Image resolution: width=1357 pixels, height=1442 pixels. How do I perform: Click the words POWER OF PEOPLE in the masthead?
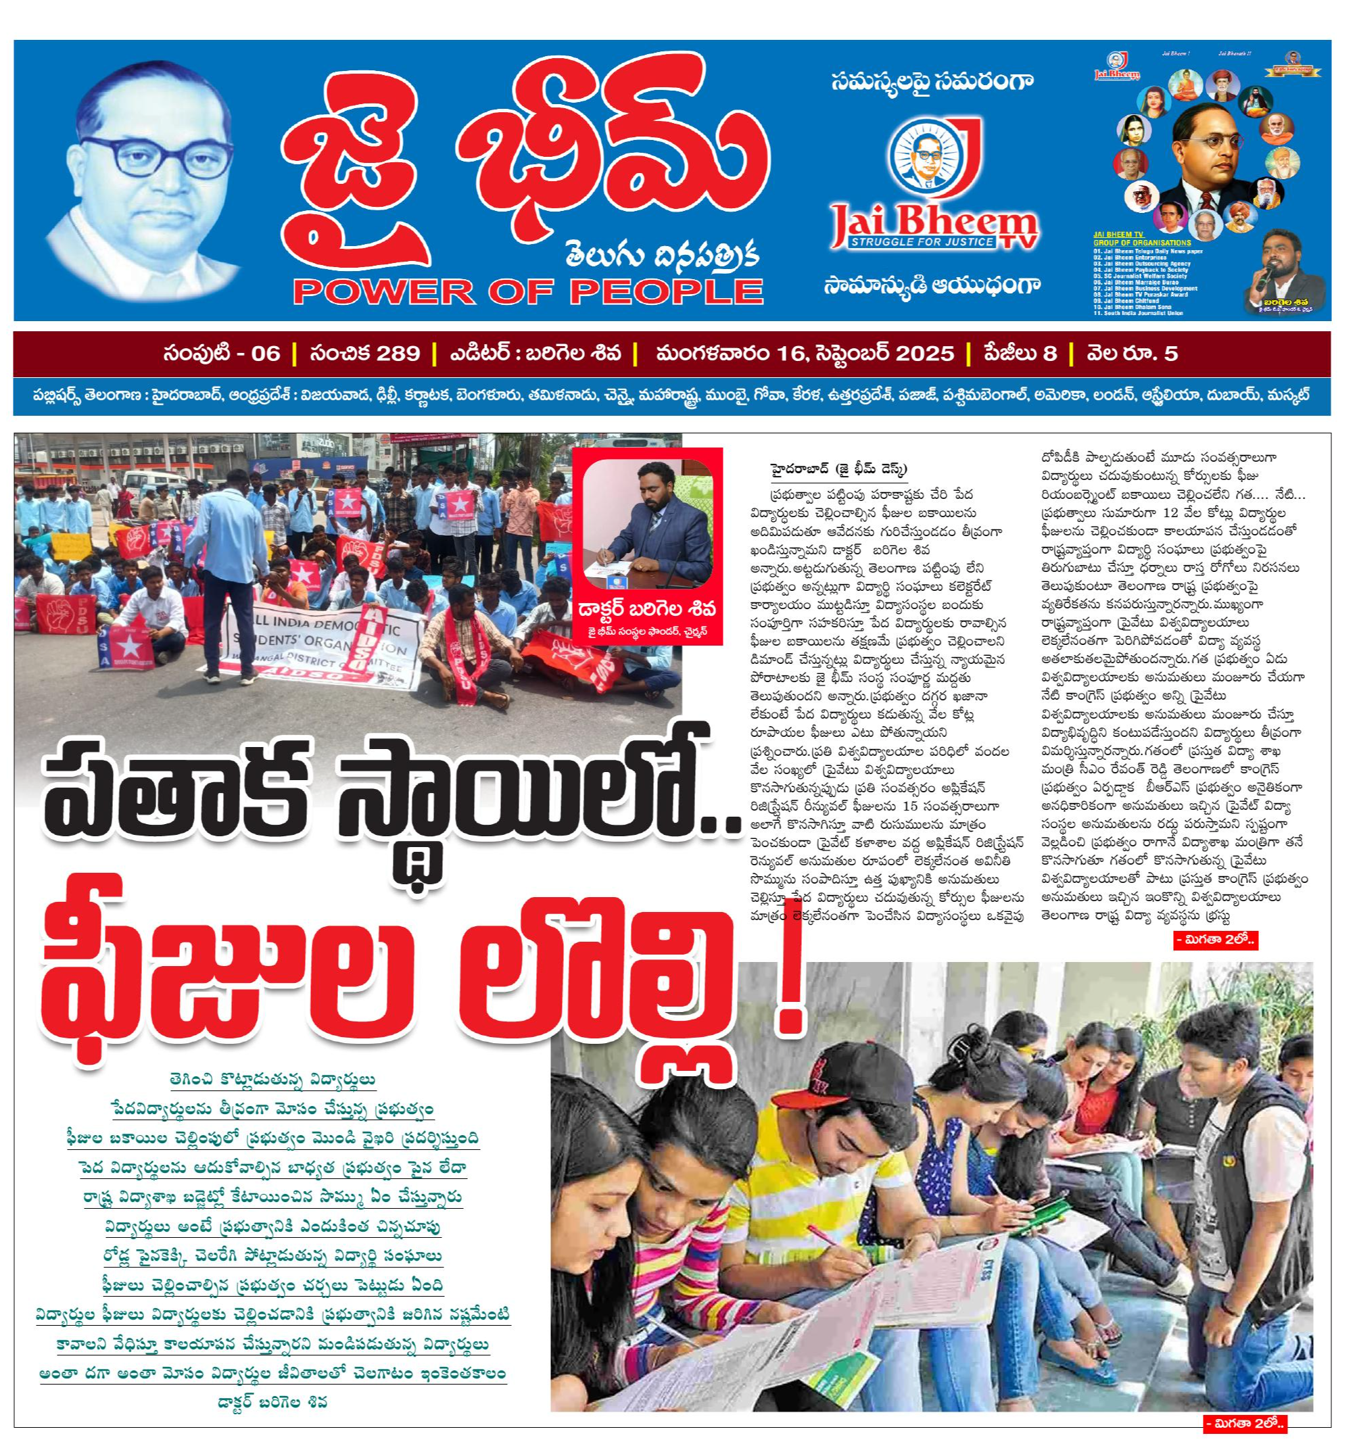tap(528, 291)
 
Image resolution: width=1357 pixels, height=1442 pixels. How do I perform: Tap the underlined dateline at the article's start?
tap(838, 468)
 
